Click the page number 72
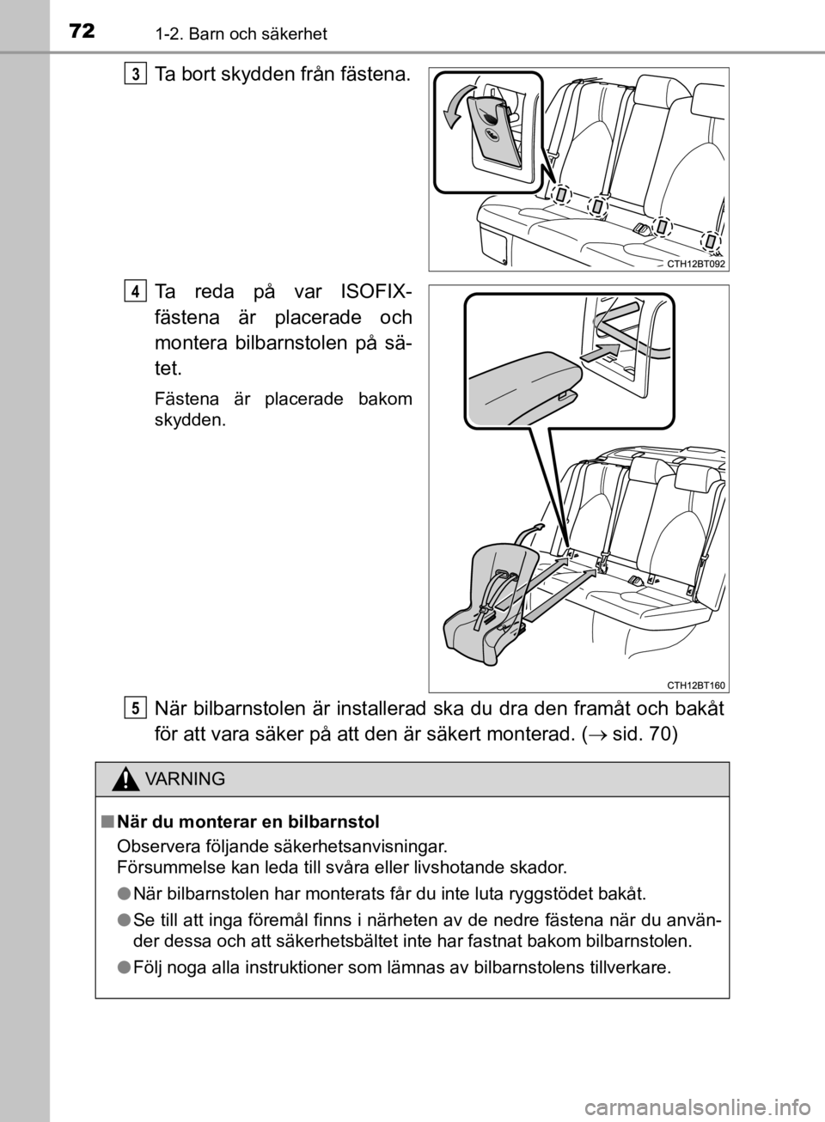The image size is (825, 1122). pos(82,32)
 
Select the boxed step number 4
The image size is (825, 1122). pos(136,292)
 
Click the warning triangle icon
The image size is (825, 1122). pos(125,779)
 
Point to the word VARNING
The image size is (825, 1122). pos(186,779)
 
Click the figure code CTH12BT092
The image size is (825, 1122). pos(696,264)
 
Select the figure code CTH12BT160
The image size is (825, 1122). pos(696,686)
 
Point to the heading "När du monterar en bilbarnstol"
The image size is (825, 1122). pos(248,822)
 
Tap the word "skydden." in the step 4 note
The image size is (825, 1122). pos(190,420)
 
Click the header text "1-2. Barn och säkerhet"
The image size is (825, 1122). pos(241,34)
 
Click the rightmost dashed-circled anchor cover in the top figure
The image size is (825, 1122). pos(711,242)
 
